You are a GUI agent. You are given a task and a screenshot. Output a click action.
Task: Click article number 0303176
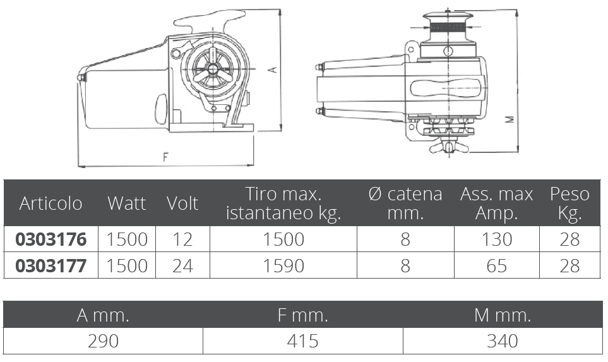(x=51, y=239)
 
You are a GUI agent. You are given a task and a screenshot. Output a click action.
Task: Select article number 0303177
(x=51, y=266)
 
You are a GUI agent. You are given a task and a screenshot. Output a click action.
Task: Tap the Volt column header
(x=182, y=203)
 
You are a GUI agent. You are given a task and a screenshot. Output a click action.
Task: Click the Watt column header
(x=127, y=203)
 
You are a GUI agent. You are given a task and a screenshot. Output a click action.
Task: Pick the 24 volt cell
(x=182, y=266)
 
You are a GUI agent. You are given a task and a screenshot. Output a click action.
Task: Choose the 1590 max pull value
(x=283, y=266)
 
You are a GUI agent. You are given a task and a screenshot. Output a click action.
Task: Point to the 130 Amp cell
(x=497, y=239)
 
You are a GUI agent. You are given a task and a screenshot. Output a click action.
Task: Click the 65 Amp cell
(x=497, y=266)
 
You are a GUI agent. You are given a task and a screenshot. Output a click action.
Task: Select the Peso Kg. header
(x=569, y=203)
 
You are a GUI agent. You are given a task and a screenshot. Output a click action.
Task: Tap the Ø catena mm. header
(x=405, y=203)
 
